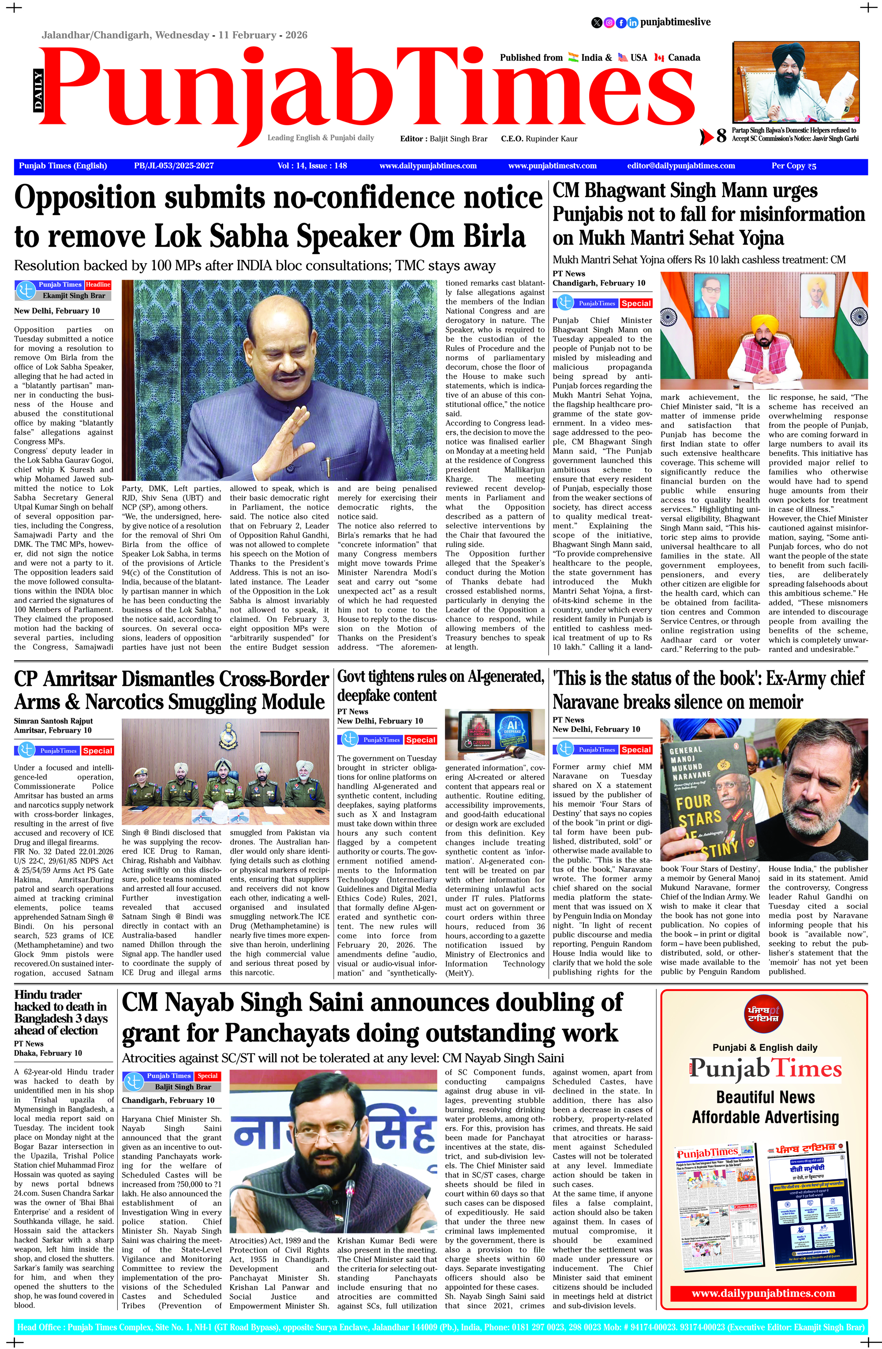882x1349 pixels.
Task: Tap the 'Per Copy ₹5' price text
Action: [793, 166]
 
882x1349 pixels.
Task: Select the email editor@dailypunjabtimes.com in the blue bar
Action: [681, 166]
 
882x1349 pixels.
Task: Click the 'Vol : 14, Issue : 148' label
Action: [312, 166]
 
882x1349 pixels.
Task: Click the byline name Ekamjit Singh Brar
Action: [74, 295]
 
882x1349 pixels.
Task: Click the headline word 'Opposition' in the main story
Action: [93, 198]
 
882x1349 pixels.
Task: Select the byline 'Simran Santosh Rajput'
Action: [53, 721]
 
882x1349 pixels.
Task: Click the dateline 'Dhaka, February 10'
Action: [48, 1053]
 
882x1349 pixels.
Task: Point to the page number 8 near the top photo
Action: [721, 136]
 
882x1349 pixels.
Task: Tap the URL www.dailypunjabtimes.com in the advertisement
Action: [763, 1293]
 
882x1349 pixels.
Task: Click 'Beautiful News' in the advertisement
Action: [765, 1097]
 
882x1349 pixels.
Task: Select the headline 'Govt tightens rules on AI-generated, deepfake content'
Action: [441, 686]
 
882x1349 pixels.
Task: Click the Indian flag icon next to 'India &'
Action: [572, 57]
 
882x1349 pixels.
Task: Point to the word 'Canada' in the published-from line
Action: [684, 58]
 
